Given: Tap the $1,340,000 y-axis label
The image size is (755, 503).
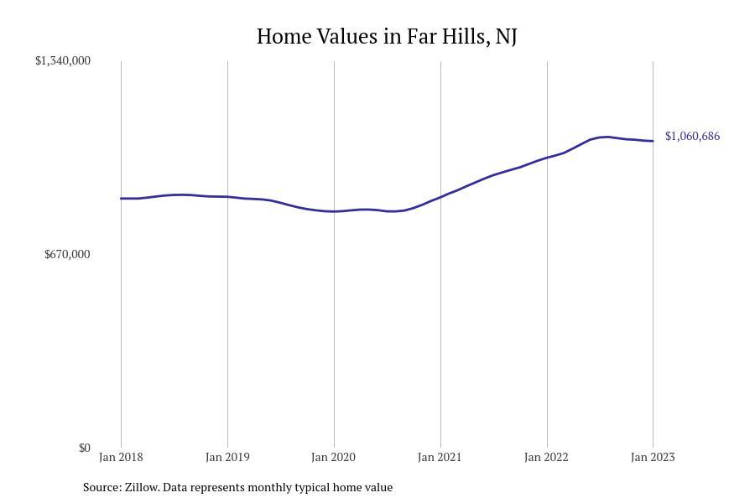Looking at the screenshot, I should [x=63, y=60].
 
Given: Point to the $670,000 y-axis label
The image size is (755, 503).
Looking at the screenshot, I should [x=67, y=254].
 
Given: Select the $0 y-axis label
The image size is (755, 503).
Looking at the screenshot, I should [x=84, y=448].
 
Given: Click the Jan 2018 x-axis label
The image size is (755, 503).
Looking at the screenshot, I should [x=121, y=457].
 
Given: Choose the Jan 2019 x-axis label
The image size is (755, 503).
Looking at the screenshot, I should [x=227, y=457].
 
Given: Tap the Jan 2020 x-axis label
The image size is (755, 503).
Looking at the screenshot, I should [x=334, y=457].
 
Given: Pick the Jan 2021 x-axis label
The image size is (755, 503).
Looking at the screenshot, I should [x=440, y=457].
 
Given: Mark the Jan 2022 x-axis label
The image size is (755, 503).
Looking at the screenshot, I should [x=546, y=457].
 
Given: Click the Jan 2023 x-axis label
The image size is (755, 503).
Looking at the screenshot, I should [x=653, y=457].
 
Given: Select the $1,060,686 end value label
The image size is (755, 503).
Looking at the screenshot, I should [x=692, y=136].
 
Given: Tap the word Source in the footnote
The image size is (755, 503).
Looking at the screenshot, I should [x=101, y=487].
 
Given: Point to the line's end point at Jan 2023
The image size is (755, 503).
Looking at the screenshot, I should [x=653, y=141].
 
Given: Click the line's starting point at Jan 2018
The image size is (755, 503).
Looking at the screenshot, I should [x=121, y=199].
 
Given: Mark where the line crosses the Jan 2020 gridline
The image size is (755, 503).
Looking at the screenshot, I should [x=334, y=211].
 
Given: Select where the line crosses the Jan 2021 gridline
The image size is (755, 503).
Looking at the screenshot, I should [x=440, y=197].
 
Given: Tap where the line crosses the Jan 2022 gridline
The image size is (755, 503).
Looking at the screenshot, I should [x=547, y=158].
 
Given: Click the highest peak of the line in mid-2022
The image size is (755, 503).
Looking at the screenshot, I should [x=607, y=137].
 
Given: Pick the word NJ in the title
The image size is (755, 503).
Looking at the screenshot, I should [x=506, y=37].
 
